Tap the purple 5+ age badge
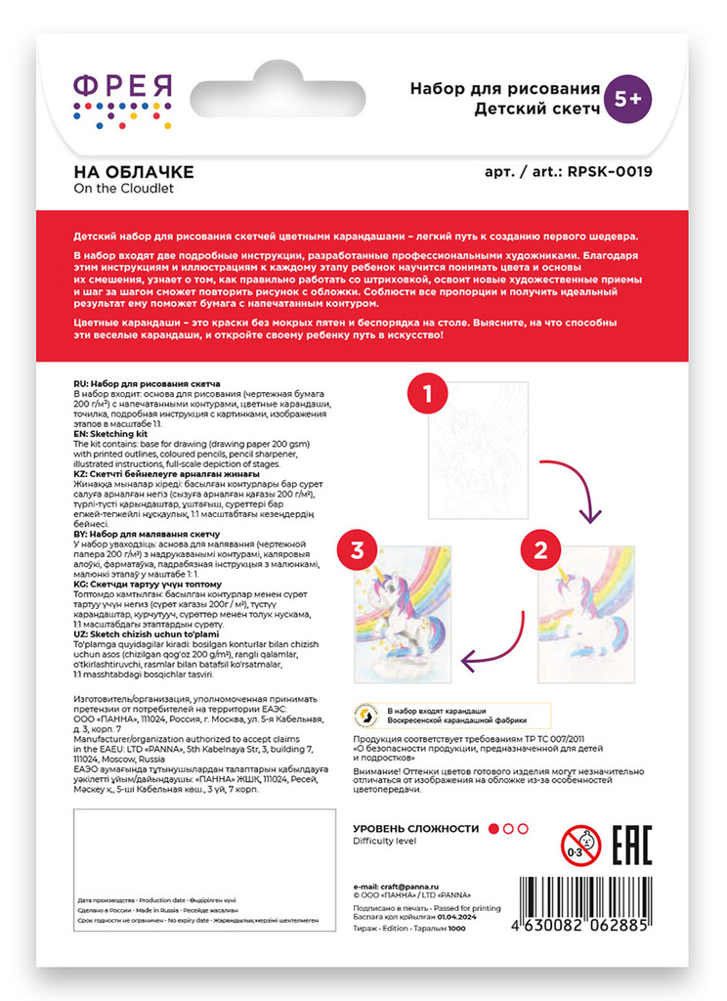[x=628, y=98]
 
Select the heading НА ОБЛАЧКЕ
[x=134, y=172]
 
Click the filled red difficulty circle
[x=493, y=828]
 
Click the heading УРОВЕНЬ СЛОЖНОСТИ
[x=416, y=828]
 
